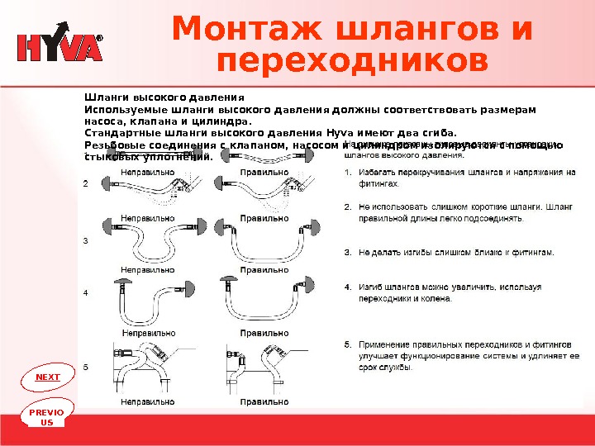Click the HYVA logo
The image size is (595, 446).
(x=60, y=47)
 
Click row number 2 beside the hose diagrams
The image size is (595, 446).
(x=86, y=184)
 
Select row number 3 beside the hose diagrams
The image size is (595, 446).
(x=86, y=240)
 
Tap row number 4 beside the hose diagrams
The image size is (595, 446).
(x=86, y=293)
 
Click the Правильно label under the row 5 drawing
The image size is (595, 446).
(x=264, y=402)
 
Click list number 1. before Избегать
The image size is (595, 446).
(x=348, y=173)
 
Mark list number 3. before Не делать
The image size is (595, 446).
(x=348, y=252)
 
